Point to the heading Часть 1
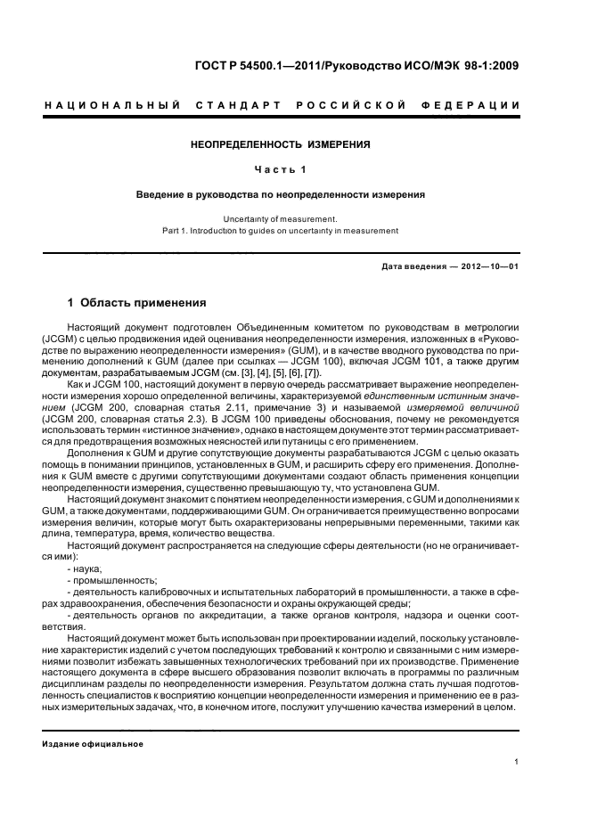tap(281, 169)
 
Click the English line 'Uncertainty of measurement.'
tap(281, 218)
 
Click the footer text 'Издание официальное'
tap(93, 743)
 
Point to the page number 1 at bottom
tap(517, 762)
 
